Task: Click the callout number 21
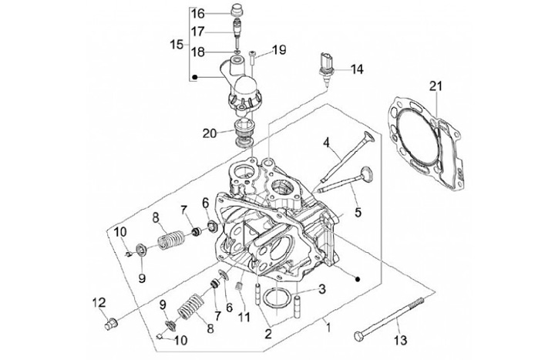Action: point(436,86)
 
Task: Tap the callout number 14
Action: point(357,69)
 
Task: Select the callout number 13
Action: point(400,341)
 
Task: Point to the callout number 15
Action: point(177,45)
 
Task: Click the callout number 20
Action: point(210,134)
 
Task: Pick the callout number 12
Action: point(99,303)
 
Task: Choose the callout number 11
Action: point(244,316)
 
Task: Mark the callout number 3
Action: point(321,289)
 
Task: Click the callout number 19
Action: point(279,50)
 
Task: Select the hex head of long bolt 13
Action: point(358,335)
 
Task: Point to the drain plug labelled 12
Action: point(112,324)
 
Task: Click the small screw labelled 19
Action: point(253,58)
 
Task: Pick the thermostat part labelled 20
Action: point(244,133)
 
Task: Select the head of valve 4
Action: point(368,137)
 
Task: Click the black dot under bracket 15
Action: point(194,76)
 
